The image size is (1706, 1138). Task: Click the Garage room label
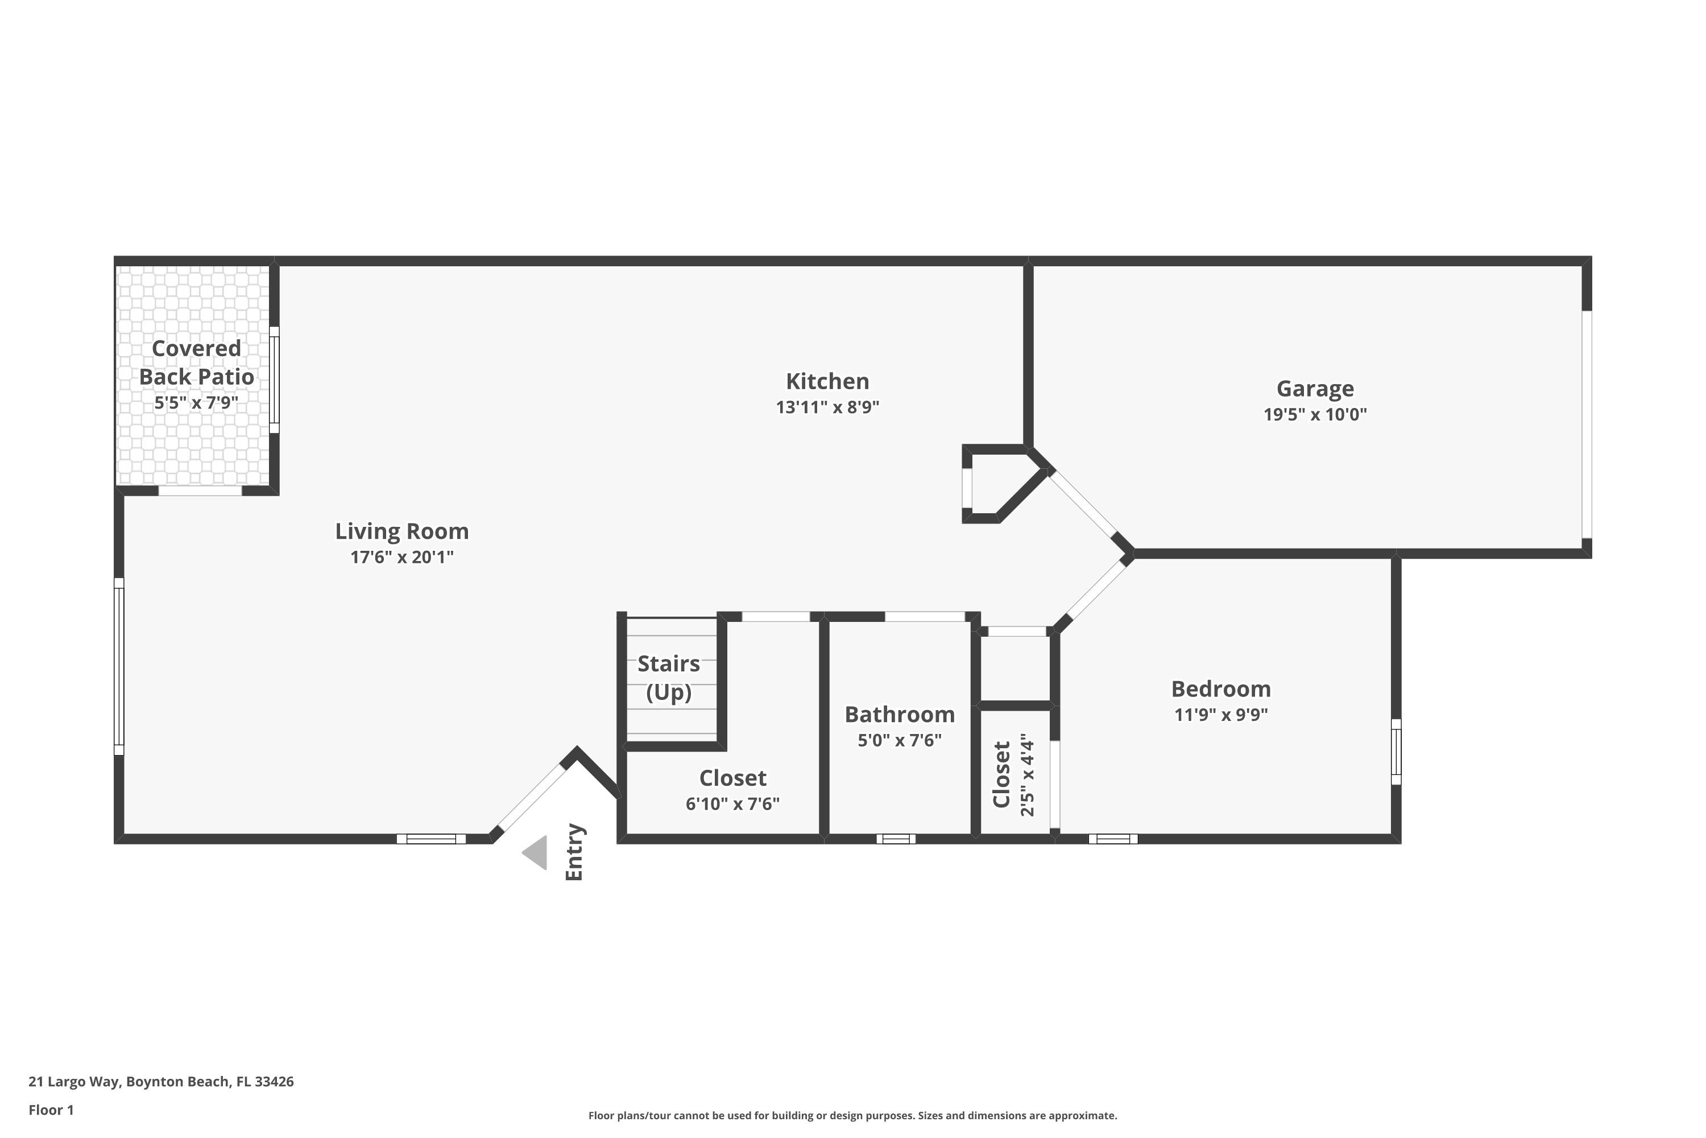[x=1314, y=389]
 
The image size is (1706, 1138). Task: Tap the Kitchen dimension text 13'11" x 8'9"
[x=827, y=407]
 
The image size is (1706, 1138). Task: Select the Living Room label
[x=402, y=531]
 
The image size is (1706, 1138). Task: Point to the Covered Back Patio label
[x=197, y=362]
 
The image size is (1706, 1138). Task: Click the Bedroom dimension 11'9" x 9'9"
[x=1221, y=715]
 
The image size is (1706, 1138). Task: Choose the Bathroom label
[x=900, y=715]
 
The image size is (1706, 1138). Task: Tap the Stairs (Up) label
[x=669, y=678]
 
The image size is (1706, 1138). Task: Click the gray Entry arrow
[x=535, y=853]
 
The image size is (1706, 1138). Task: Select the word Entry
[x=574, y=852]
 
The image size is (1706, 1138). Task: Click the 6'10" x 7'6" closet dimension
[x=732, y=804]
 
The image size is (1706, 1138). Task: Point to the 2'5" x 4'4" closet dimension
[x=1027, y=774]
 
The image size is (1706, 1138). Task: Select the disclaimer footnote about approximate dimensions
[x=852, y=1115]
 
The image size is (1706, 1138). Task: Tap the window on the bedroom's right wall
[x=1396, y=752]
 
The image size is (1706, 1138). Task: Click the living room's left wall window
[x=119, y=666]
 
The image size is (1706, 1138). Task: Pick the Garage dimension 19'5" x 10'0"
[x=1314, y=414]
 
